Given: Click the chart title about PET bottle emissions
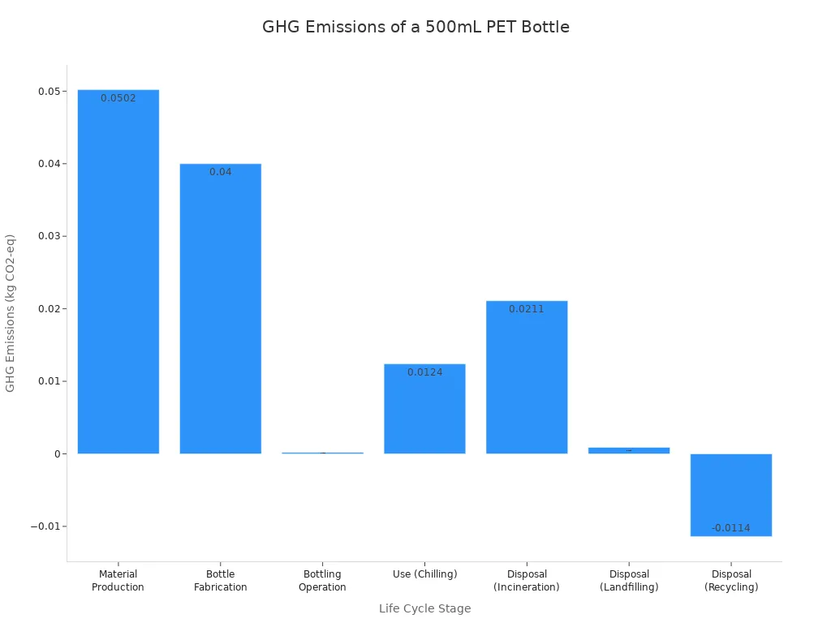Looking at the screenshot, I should (415, 27).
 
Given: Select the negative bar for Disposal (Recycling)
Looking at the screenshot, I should (731, 495).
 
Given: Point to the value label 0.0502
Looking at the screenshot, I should (118, 98).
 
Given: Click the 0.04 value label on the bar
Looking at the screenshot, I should (221, 172).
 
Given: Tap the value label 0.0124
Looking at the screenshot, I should (424, 372).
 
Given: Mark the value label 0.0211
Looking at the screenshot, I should (527, 309).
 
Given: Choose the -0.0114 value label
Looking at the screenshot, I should (731, 528).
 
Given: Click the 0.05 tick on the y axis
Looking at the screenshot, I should (50, 92).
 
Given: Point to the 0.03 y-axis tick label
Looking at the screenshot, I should (50, 236).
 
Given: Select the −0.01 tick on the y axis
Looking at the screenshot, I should (48, 526).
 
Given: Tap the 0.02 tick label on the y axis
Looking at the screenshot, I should (50, 309).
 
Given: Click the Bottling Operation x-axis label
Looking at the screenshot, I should (322, 581).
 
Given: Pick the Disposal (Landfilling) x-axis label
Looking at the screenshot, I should (629, 581).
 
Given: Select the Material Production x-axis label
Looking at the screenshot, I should (118, 581).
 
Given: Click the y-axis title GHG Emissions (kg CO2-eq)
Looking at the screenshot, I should (11, 313).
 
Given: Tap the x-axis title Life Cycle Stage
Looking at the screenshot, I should (424, 608).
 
